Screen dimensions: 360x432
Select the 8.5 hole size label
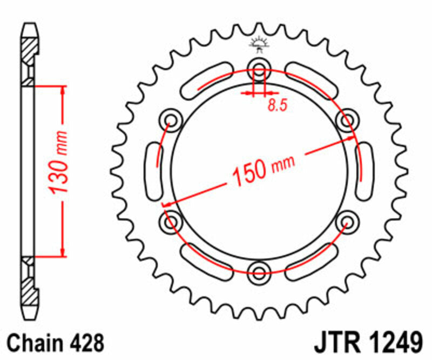coord(277,105)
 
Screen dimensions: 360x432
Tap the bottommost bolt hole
coord(259,270)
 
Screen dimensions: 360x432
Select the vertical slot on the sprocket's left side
coord(153,168)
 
